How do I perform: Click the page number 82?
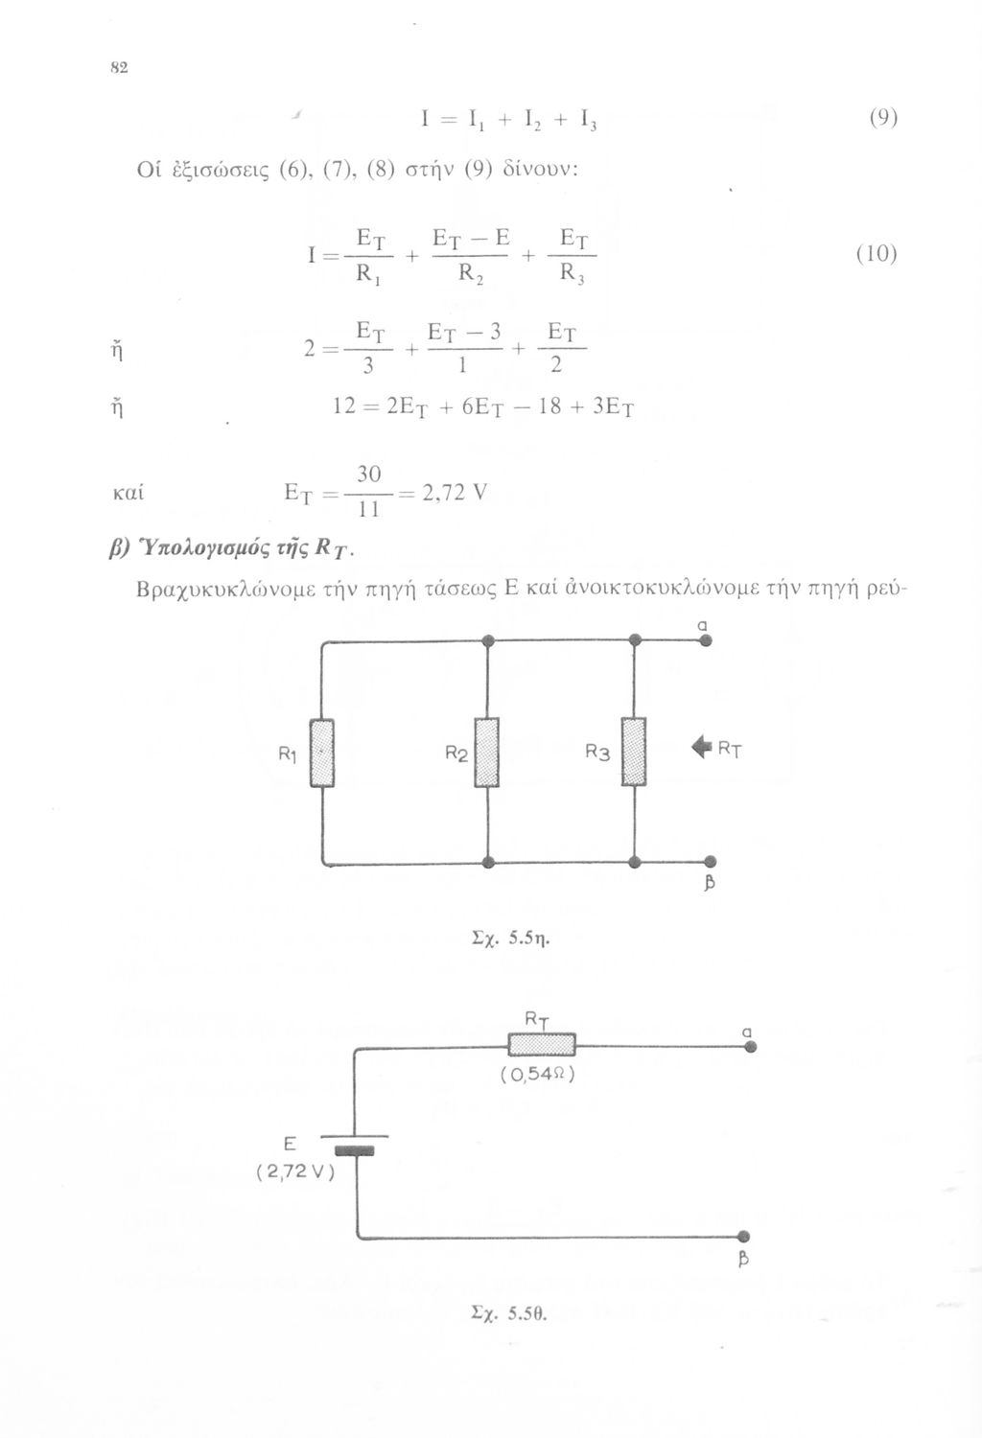[x=120, y=68]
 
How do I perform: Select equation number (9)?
[x=882, y=119]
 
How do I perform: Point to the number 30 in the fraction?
[x=369, y=475]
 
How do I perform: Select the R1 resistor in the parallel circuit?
[x=322, y=753]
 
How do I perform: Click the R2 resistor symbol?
[x=488, y=753]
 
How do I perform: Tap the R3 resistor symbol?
[x=634, y=752]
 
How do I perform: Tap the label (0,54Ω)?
[x=537, y=1075]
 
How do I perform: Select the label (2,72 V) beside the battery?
[x=294, y=1171]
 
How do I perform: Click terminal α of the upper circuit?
[x=705, y=641]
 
